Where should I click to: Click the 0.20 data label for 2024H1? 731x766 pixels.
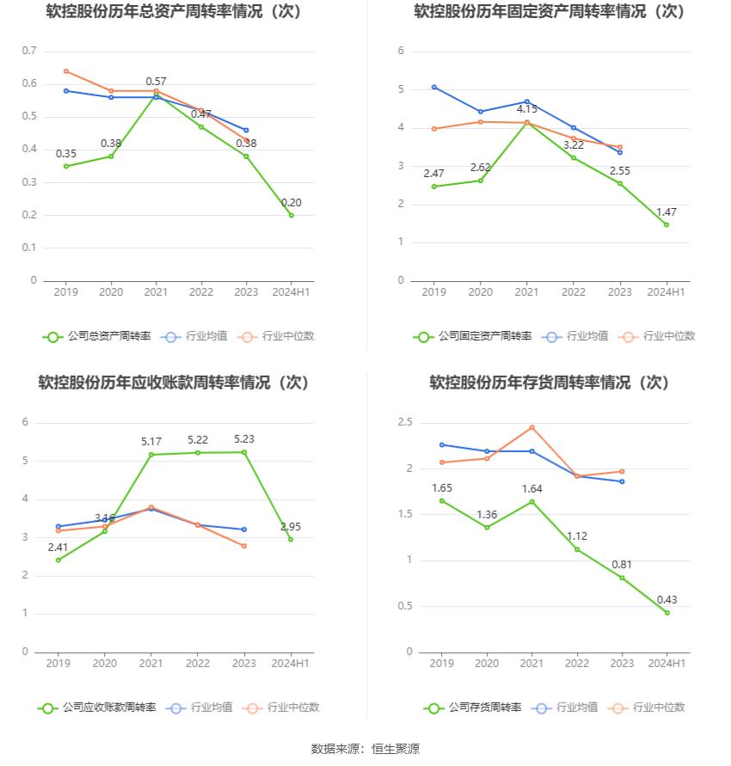291,203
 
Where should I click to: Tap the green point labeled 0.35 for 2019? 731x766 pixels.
66,166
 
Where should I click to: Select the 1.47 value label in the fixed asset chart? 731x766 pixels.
666,211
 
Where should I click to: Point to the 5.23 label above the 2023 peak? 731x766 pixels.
244,439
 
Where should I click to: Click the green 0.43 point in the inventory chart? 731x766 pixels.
666,613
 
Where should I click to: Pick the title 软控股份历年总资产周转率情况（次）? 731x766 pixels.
175,12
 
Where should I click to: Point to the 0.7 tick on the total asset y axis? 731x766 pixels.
29,51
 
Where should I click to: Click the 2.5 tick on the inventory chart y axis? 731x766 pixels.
405,422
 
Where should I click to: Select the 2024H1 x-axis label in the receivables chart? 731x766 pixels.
291,663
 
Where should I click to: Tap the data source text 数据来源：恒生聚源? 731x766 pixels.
365,749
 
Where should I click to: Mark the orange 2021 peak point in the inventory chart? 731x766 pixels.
531,427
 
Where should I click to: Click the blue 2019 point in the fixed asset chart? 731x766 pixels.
434,87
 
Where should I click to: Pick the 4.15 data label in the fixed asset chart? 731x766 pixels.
527,109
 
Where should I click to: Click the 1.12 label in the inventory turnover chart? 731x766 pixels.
577,536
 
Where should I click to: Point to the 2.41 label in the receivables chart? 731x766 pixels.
58,547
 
